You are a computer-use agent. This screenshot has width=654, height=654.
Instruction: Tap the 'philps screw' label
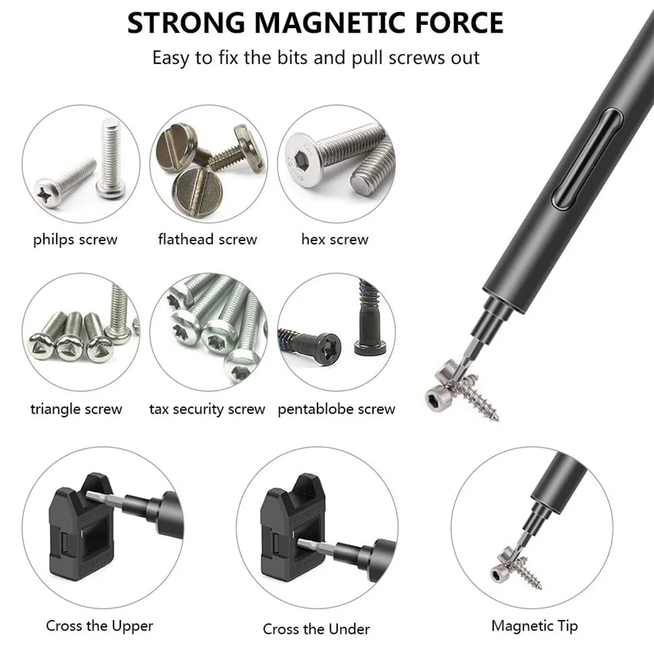point(75,239)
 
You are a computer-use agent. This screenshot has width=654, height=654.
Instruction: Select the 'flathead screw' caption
point(208,239)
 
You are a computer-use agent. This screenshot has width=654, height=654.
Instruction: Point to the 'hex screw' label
point(335,239)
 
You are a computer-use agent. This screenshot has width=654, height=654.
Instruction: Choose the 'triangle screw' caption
point(76,410)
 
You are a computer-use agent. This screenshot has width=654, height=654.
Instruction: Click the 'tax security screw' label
point(207,410)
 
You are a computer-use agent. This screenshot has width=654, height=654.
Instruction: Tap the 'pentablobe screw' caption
point(336,410)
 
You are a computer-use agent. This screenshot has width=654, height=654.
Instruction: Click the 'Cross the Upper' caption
point(99,626)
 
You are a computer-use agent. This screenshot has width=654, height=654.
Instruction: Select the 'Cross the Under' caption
point(316,629)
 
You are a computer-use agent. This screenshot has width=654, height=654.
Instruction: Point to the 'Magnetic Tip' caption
point(534,626)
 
